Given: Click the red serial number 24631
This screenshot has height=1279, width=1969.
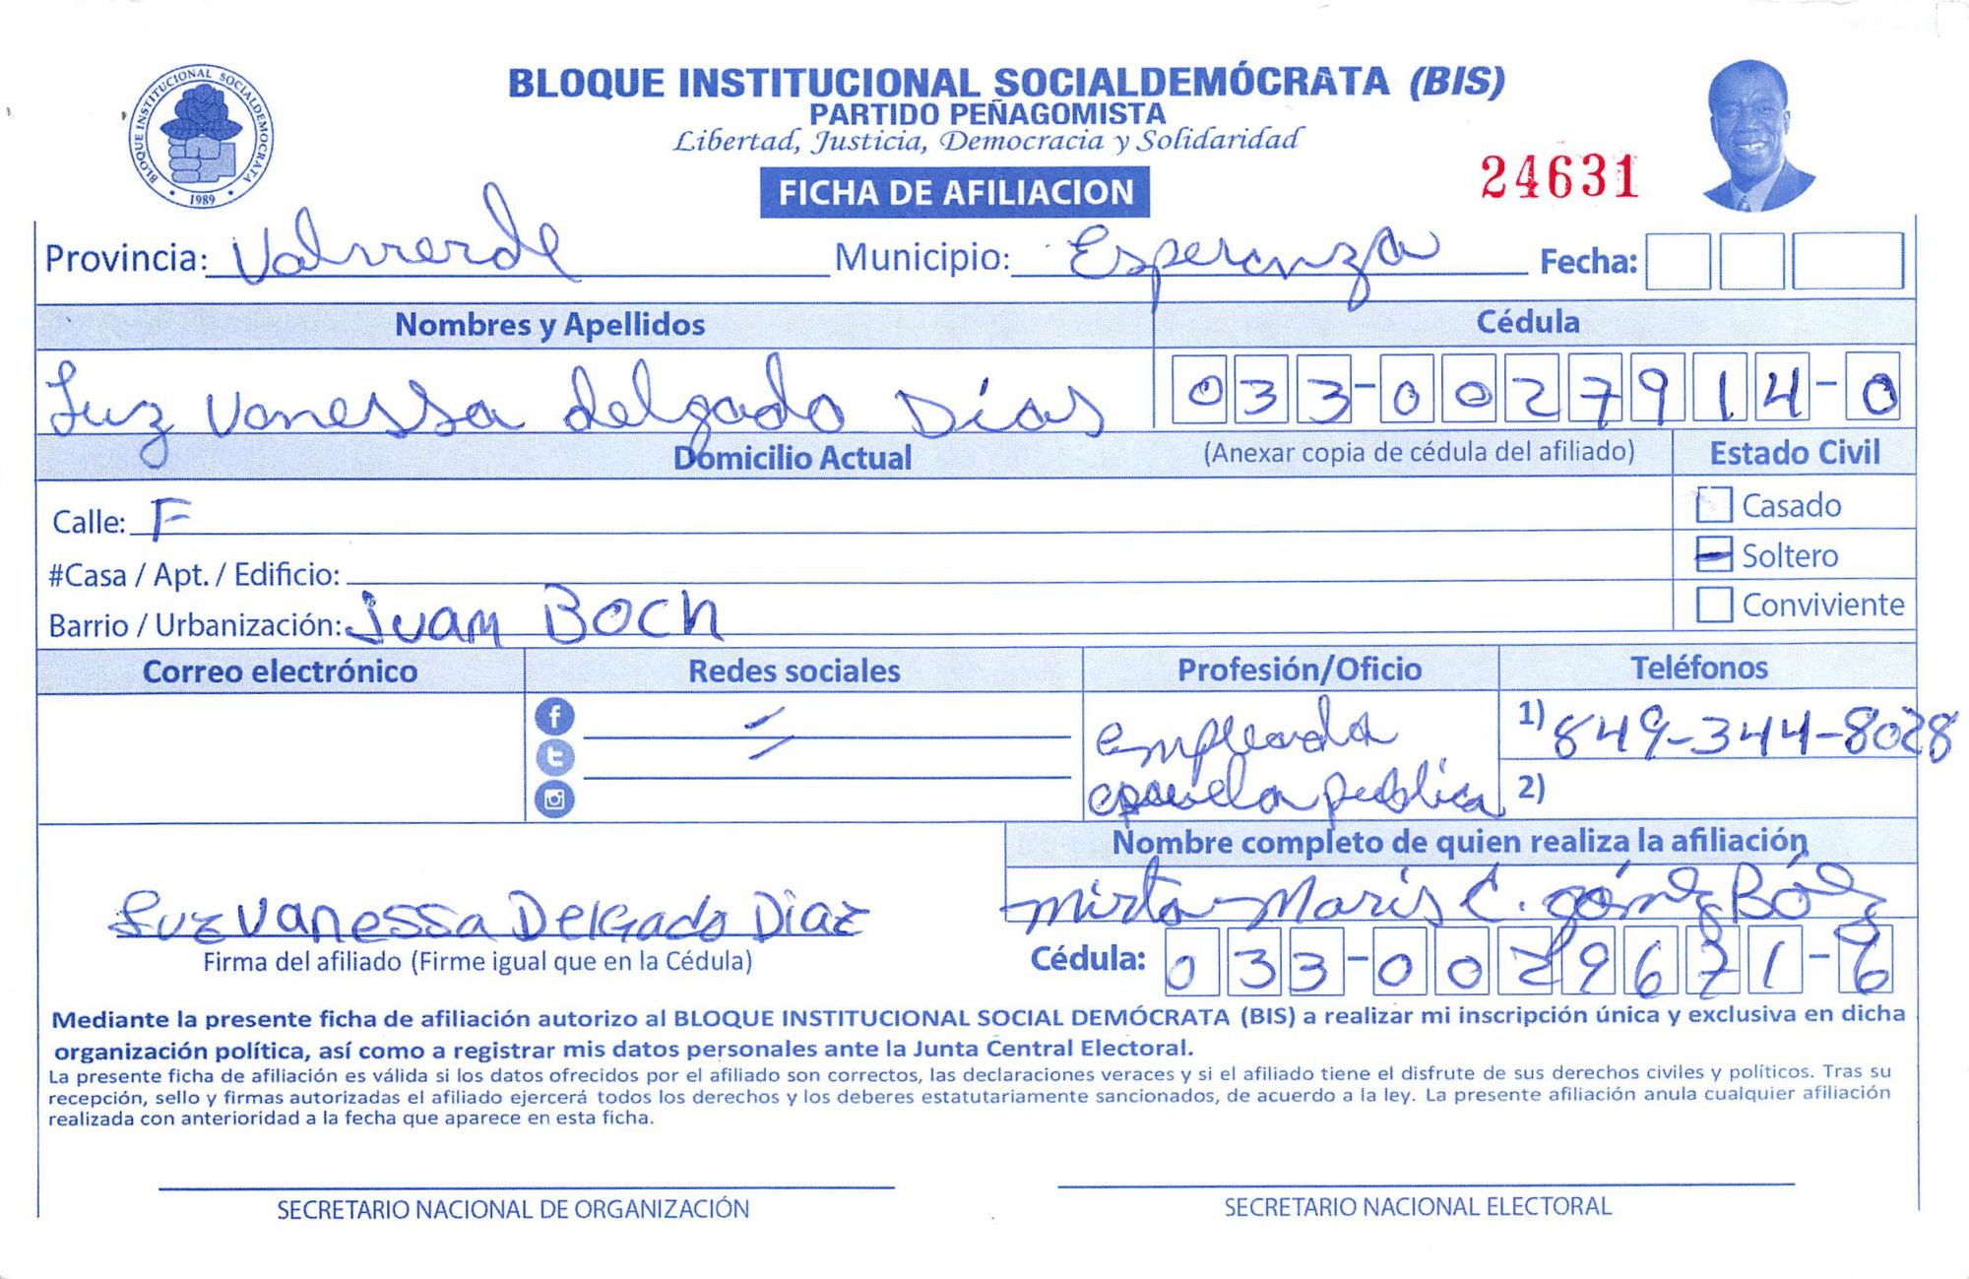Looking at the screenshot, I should pos(1559,178).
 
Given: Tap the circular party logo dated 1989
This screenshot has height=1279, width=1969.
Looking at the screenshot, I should pos(201,136).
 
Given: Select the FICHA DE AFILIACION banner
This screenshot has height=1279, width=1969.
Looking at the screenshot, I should pos(954,192).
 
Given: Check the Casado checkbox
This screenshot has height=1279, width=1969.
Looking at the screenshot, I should pos(1713,505).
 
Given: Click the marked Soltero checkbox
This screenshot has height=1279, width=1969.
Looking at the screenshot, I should pos(1713,555).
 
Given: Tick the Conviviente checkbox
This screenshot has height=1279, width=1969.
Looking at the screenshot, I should pos(1713,605).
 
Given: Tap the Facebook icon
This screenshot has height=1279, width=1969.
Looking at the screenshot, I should pos(554,716).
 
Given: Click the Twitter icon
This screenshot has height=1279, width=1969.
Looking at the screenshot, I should pos(554,757).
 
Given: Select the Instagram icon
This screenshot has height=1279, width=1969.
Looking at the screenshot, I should pos(554,799).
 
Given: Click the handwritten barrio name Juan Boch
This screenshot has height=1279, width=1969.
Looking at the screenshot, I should pos(537,617).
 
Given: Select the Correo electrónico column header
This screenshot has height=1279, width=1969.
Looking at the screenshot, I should pos(281,671).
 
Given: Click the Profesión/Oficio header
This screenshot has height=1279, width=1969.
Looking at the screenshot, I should pos(1300,670).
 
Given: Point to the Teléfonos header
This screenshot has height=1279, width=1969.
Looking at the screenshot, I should pos(1699,669).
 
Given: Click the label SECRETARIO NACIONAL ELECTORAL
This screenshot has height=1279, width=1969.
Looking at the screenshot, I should pos(1418,1207).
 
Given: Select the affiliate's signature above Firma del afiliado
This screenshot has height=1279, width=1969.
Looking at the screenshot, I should pos(487,918).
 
